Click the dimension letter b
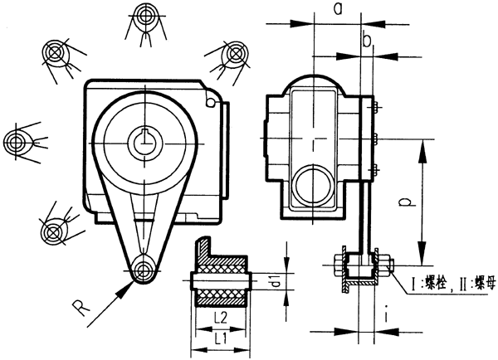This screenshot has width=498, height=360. coord(366,40)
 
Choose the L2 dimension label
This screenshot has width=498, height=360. coord(219,319)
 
